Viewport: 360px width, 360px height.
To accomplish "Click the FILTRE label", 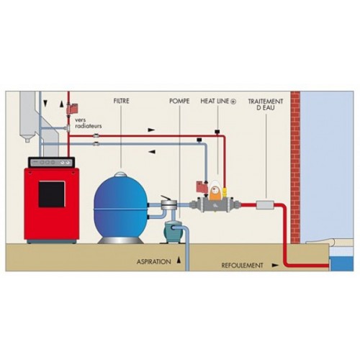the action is click(x=121, y=101).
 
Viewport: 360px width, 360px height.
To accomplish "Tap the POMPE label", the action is click(x=179, y=101).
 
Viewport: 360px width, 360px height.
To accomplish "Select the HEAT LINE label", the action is click(x=218, y=102).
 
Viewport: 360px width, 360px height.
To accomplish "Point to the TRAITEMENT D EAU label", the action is click(x=266, y=104).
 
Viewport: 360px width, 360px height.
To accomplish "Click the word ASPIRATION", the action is click(x=154, y=261).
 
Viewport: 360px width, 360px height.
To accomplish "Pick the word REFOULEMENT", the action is click(x=242, y=266).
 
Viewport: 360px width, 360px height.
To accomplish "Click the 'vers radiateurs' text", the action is click(x=88, y=122).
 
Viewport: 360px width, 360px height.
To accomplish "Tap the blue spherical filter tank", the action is click(x=120, y=207).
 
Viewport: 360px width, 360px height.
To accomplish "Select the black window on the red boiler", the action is click(x=52, y=194).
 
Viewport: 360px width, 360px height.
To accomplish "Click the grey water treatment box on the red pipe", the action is click(x=265, y=205).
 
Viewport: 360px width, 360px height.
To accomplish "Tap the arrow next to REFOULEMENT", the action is click(x=275, y=266).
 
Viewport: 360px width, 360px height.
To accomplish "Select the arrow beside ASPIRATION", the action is click(x=179, y=260).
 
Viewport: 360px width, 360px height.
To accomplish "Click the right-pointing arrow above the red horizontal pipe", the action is click(x=151, y=130).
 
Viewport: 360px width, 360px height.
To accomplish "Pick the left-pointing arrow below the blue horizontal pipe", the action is click(x=152, y=152).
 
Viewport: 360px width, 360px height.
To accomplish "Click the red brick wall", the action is click(x=295, y=167).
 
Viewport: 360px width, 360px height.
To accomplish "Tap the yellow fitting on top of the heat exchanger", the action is click(x=225, y=192).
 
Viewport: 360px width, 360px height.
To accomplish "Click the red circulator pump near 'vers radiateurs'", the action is click(x=71, y=108).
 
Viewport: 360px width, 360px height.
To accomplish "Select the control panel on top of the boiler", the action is click(x=51, y=162).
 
